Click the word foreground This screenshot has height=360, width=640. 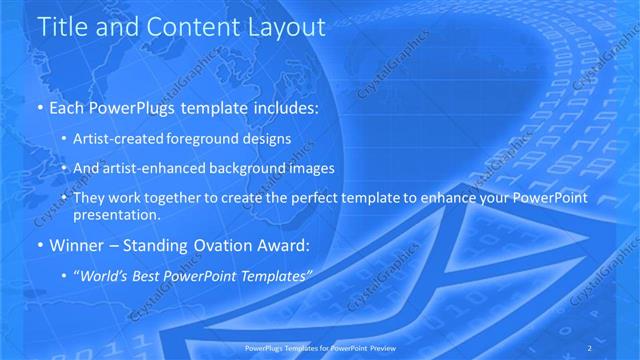(205, 138)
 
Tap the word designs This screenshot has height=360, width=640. (267, 138)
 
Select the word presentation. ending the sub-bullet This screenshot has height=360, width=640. (117, 214)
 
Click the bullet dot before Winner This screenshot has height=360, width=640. (39, 245)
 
